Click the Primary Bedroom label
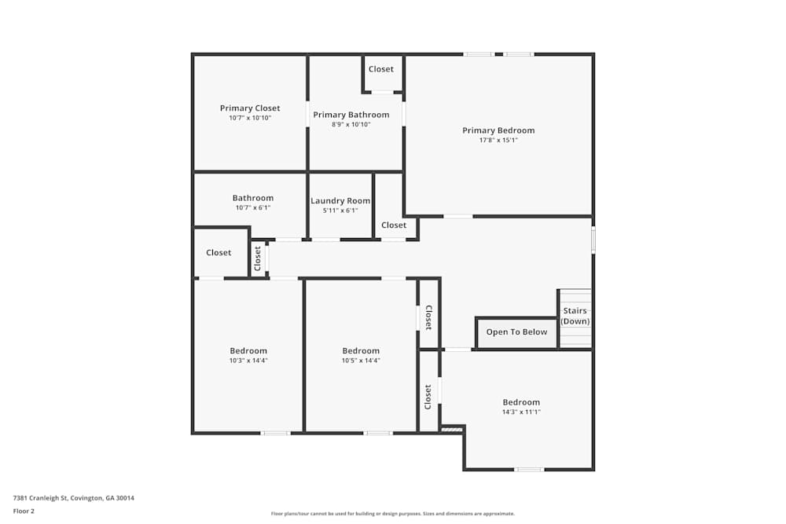point(498,130)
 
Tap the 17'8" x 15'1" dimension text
point(498,141)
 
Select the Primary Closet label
point(250,108)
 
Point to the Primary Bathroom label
point(351,115)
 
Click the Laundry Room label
point(340,201)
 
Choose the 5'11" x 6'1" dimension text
point(340,211)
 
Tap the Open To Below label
point(516,332)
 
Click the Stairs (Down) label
point(575,316)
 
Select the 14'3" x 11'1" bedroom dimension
point(522,412)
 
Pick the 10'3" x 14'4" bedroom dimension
point(248,361)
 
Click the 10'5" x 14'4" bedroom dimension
point(361,361)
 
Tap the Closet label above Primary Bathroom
point(381,69)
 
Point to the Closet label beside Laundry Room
point(394,225)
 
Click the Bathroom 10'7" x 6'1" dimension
point(253,208)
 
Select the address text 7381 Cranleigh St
point(73,497)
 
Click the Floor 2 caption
point(24,511)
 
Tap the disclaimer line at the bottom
point(393,513)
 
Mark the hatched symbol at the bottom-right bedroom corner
point(451,429)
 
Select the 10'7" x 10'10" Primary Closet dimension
point(250,118)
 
